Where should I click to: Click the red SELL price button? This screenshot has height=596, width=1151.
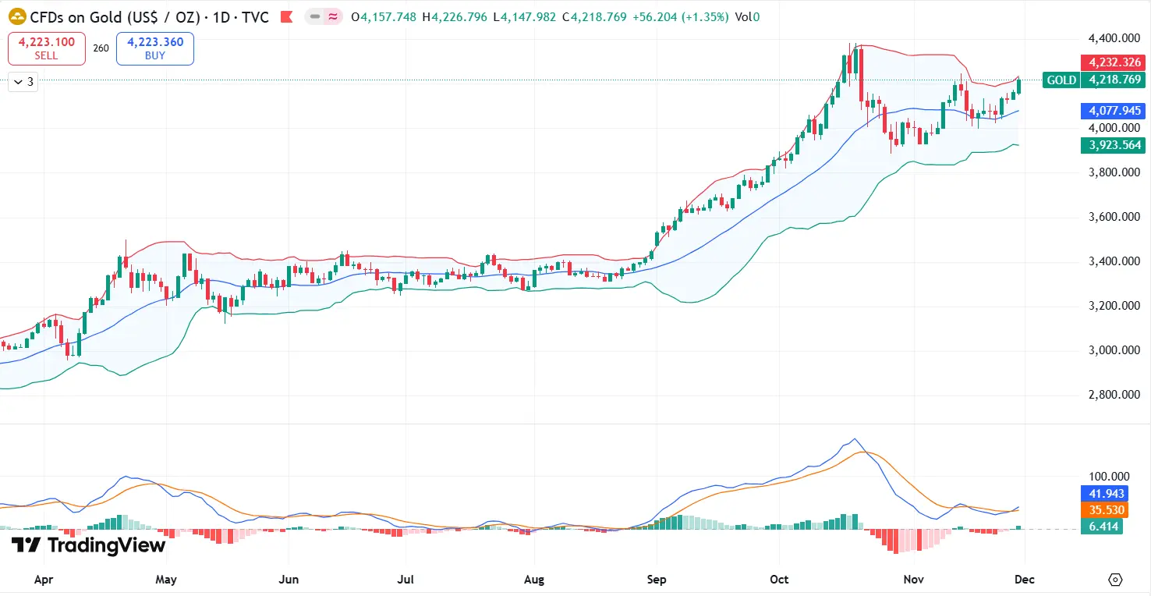point(46,48)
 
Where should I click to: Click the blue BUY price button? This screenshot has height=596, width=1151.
point(154,48)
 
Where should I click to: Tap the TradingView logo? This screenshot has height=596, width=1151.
point(88,545)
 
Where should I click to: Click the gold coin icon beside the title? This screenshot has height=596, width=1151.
point(17,16)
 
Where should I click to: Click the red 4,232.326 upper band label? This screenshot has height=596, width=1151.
point(1112,62)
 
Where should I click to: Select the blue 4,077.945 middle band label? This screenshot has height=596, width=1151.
point(1112,111)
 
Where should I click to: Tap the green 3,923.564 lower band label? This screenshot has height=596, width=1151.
point(1112,145)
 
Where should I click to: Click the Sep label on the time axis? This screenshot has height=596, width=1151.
point(657,580)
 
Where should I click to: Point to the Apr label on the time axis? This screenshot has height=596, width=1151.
point(44,580)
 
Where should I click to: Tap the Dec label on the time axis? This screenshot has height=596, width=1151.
point(1025,580)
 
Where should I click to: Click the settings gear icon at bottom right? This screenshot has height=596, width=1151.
point(1115,580)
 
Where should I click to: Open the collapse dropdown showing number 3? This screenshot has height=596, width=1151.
point(23,81)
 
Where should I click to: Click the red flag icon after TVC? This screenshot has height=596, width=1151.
point(287,16)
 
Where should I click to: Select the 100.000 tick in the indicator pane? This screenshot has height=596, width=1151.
point(1108,477)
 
